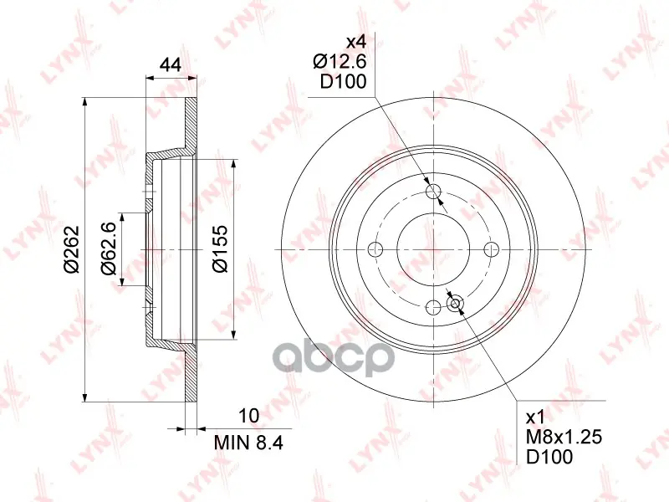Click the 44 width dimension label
tap(171, 65)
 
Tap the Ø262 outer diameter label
tap(72, 249)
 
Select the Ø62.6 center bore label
tap(108, 248)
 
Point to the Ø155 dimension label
tap(220, 248)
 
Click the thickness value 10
tap(249, 415)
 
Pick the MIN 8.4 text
tap(248, 443)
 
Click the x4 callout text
tap(356, 43)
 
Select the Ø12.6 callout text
tap(340, 62)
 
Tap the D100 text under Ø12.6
tap(344, 81)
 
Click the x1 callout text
tap(536, 417)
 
